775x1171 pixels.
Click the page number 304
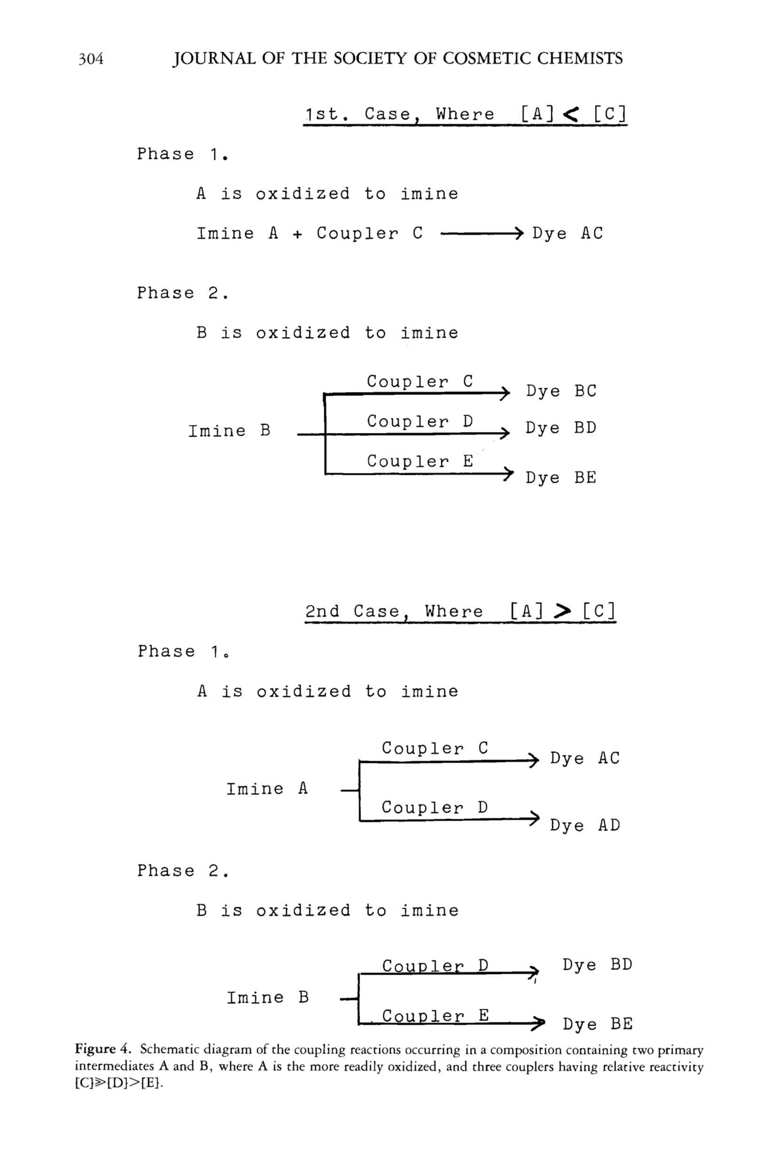[91, 59]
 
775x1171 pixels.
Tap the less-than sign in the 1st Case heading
[571, 115]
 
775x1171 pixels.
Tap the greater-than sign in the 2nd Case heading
[562, 612]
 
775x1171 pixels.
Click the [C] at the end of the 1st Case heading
[609, 114]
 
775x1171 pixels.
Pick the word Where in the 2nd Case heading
[453, 612]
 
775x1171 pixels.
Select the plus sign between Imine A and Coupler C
[297, 235]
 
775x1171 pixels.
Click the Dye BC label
[561, 392]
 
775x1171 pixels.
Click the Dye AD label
[585, 825]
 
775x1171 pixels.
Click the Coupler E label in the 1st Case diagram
[420, 462]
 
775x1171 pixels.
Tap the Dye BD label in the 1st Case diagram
[561, 428]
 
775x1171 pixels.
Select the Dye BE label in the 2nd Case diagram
[597, 1024]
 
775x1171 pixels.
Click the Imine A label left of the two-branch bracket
[267, 789]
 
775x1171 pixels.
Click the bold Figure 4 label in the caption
[103, 1049]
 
